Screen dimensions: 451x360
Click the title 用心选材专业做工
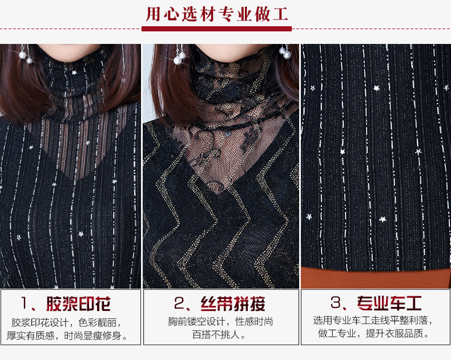[x=216, y=14]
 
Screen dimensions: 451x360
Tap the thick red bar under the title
[x=216, y=29]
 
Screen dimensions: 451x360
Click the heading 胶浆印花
[x=78, y=304]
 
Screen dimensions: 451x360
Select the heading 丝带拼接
[x=233, y=304]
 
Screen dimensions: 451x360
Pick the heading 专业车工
[x=389, y=303]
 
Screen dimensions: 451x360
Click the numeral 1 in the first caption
[x=25, y=303]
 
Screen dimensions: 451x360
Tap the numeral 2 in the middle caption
[x=179, y=303]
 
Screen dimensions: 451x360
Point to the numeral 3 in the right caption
[x=335, y=302]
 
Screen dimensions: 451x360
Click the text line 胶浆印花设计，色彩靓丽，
[x=66, y=322]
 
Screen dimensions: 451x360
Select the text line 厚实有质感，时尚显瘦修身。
[x=67, y=335]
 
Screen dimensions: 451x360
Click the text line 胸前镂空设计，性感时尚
[x=220, y=321]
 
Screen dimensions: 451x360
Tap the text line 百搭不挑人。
[x=219, y=334]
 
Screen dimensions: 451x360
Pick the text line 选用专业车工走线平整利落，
[x=373, y=320]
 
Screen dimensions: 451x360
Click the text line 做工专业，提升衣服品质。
[x=373, y=334]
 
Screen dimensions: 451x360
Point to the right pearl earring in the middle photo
[x=285, y=52]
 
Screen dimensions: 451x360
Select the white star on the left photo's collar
[x=74, y=72]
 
